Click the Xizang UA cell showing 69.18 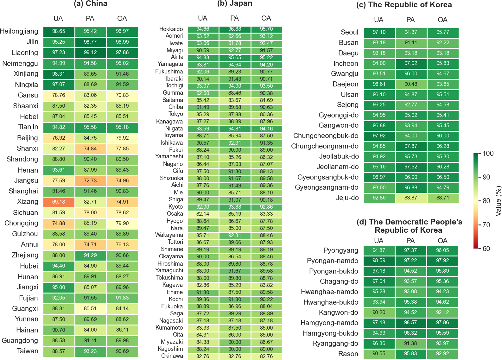point(59,202)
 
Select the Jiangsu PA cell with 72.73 point(90,180)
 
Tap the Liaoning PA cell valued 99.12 point(90,53)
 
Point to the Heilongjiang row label point(19,31)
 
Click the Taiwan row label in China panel point(28,351)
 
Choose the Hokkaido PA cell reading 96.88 point(235,29)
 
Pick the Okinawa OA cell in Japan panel point(266,356)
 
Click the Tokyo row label point(176,114)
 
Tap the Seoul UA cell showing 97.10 point(379,32)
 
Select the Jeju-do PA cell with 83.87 point(411,198)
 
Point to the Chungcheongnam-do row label point(325,146)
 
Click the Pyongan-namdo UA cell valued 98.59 point(379,261)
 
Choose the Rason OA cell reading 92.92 point(442,354)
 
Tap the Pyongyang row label point(341,250)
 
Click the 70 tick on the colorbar point(486,225)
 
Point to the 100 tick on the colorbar point(488,154)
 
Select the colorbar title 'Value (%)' point(498,201)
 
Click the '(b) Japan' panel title point(235,3)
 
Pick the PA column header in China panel point(90,19)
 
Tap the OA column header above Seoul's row point(442,20)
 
